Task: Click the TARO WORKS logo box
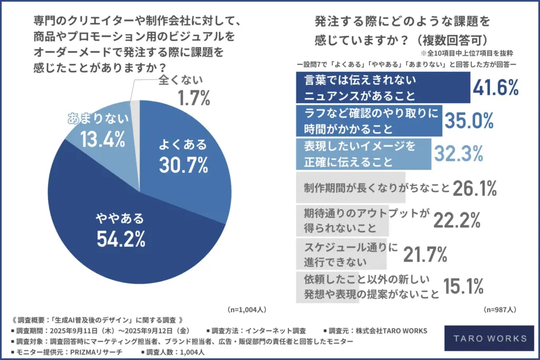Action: coord(485,337)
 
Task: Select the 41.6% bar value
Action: coord(496,89)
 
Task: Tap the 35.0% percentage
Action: coord(468,121)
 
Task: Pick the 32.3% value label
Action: coord(458,153)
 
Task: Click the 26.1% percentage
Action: coord(474,187)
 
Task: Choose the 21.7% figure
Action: coord(425,255)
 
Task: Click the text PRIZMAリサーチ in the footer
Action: coord(87,351)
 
